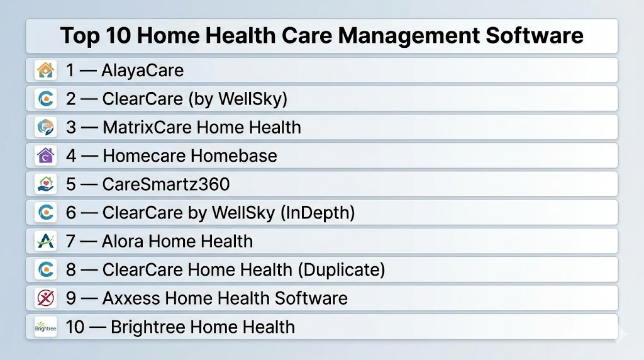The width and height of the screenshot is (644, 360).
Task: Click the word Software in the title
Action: (x=535, y=35)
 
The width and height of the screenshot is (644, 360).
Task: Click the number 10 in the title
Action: (x=118, y=35)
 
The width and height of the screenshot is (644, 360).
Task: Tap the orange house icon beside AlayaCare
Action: (x=45, y=70)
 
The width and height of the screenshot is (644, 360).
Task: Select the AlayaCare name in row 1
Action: (x=143, y=70)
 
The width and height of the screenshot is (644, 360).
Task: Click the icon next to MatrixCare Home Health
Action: (x=45, y=127)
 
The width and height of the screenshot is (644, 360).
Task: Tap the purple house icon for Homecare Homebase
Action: (x=45, y=155)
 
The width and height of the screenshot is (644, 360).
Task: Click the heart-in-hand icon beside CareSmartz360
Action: (x=45, y=184)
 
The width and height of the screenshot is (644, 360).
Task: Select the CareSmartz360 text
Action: (x=166, y=184)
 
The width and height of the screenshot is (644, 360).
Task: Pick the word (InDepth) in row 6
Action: (x=318, y=213)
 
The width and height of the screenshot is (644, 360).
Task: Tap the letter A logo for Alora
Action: (x=45, y=241)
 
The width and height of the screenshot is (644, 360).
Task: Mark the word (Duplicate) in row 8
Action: (x=341, y=270)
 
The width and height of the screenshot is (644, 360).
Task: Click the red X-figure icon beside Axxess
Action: (x=45, y=298)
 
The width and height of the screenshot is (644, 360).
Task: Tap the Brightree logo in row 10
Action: (x=45, y=327)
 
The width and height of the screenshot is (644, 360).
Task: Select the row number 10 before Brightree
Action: (x=75, y=327)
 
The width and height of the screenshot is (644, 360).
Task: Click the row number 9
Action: (x=71, y=298)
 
